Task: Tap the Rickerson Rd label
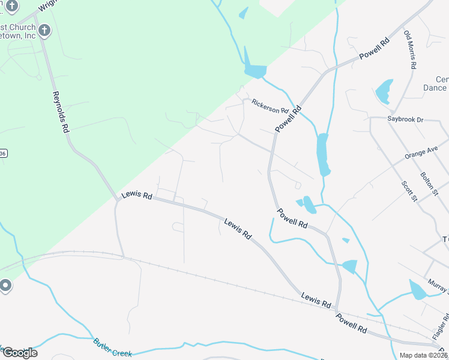[270, 106]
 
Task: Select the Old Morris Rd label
[410, 50]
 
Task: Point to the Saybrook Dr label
[405, 119]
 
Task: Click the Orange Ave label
[421, 153]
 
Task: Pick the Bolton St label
[430, 183]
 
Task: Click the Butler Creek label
[112, 347]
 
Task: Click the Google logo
[19, 353]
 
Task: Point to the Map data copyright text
[423, 355]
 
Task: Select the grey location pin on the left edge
[5, 286]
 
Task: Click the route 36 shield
[2, 154]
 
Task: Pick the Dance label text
[435, 88]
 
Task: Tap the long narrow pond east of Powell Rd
[323, 154]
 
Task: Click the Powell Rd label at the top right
[375, 48]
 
